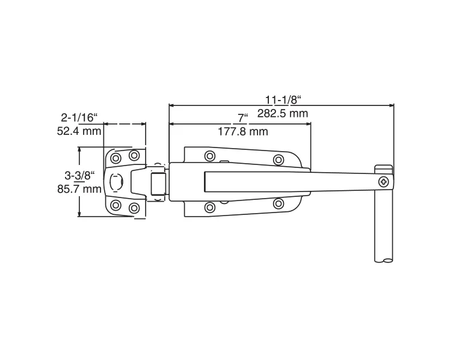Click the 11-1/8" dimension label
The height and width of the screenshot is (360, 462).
(x=282, y=99)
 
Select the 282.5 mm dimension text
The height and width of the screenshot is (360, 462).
(x=282, y=113)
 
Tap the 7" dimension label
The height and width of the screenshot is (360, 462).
(x=242, y=117)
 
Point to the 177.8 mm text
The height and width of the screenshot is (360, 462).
(x=242, y=131)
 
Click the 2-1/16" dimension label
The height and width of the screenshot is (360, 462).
(x=79, y=117)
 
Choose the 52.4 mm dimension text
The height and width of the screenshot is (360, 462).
(x=79, y=131)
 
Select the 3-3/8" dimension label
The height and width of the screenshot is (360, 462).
(x=81, y=175)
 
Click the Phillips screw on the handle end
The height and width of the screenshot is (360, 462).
(x=384, y=181)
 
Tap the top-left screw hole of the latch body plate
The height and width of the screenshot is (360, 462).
(x=209, y=156)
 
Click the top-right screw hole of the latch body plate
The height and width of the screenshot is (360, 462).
(x=278, y=160)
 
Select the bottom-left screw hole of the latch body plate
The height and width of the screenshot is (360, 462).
(x=209, y=208)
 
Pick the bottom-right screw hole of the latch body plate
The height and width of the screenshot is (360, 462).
(x=278, y=203)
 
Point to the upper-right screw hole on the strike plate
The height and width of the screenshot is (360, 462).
(x=134, y=155)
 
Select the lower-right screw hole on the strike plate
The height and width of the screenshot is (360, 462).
(x=134, y=208)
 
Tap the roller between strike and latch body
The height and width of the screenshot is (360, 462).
(x=158, y=182)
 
